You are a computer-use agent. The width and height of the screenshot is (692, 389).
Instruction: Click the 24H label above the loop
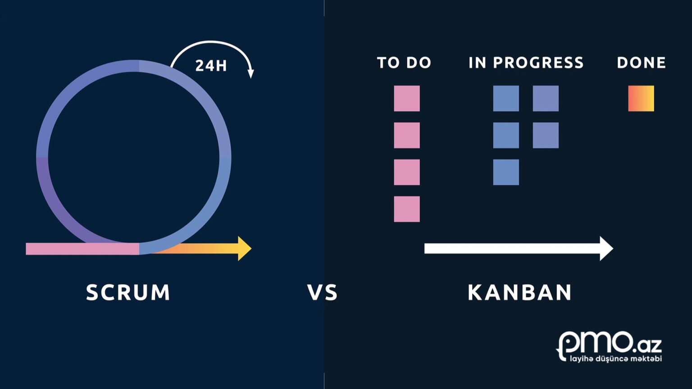coord(211,66)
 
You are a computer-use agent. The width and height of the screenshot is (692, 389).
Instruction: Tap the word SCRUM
coord(128,293)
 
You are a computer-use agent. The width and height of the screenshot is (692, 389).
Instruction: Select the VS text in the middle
coord(323,293)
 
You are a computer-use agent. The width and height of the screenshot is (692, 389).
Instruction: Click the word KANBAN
coord(520,293)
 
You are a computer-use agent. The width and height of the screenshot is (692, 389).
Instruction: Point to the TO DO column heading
coord(404,63)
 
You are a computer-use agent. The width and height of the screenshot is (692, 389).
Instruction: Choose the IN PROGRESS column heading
coord(526,63)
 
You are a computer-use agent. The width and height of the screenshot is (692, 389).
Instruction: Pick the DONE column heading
coord(641,63)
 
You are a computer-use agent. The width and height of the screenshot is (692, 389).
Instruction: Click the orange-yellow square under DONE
coord(641,98)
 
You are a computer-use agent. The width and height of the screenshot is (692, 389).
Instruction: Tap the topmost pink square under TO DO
coord(407,98)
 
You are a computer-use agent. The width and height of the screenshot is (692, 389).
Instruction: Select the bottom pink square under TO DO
coord(407,209)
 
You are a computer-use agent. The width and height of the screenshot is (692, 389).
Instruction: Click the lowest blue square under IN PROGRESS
coord(506,172)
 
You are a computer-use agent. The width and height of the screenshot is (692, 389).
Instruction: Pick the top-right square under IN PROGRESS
coord(546,98)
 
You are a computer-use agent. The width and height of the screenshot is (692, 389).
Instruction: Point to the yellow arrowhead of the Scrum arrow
coord(244,249)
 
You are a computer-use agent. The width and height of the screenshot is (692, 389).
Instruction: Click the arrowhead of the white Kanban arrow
coord(606,249)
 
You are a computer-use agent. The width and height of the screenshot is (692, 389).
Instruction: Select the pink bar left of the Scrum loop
coord(81,249)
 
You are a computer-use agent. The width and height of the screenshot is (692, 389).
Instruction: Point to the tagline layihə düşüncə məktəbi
coord(615,359)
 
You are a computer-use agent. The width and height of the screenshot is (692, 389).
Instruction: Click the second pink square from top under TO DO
coord(407,135)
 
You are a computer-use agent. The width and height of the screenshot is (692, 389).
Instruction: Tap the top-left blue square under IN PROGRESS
coord(506,98)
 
